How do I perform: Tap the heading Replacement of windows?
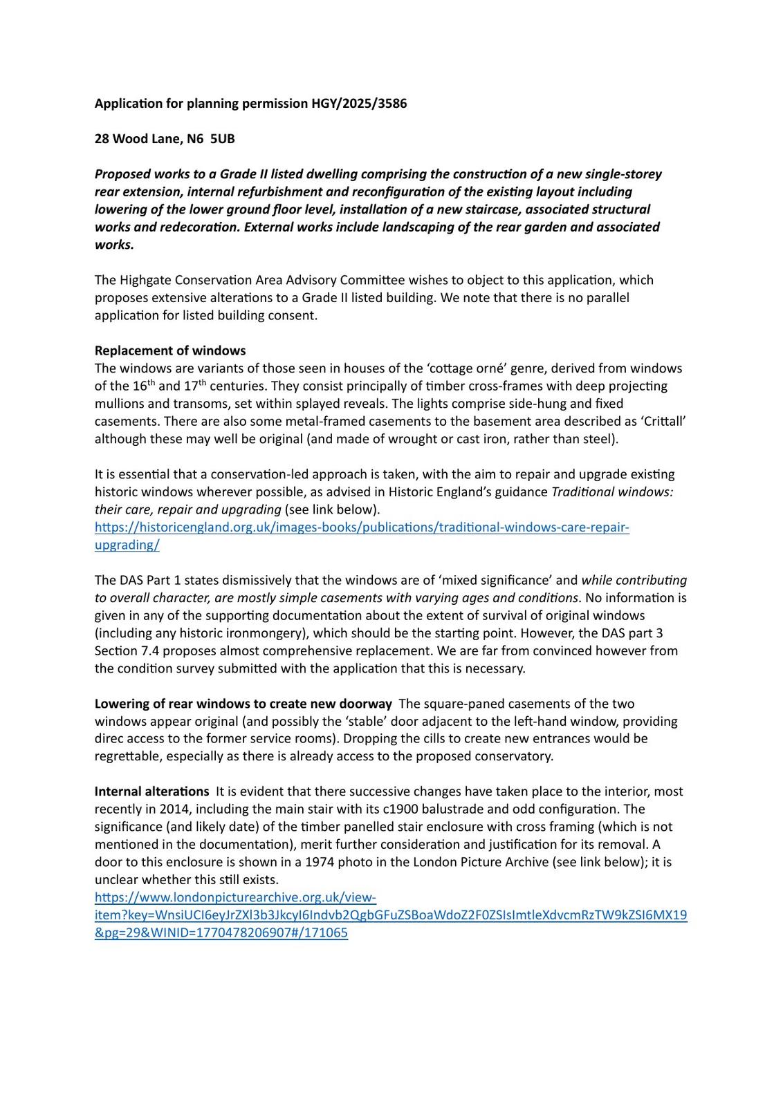170,350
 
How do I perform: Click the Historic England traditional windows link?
362,527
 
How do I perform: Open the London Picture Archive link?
391,915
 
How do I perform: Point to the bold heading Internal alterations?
151,791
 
